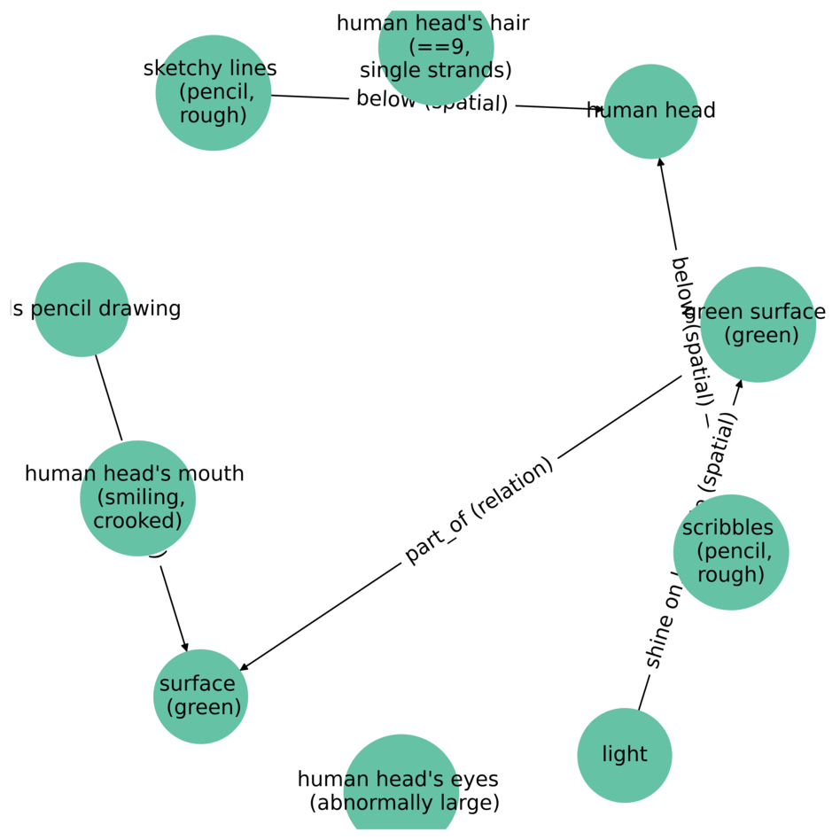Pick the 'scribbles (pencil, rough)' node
pyautogui.click(x=730, y=552)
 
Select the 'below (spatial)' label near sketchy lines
pyautogui.click(x=432, y=101)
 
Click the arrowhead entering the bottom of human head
pyautogui.click(x=659, y=163)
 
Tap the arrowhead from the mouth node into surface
pyautogui.click(x=185, y=647)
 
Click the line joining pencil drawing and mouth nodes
pyautogui.click(x=108, y=398)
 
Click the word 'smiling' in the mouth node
pyautogui.click(x=137, y=497)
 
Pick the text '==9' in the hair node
pyautogui.click(x=433, y=47)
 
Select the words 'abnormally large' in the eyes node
pyautogui.click(x=405, y=803)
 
